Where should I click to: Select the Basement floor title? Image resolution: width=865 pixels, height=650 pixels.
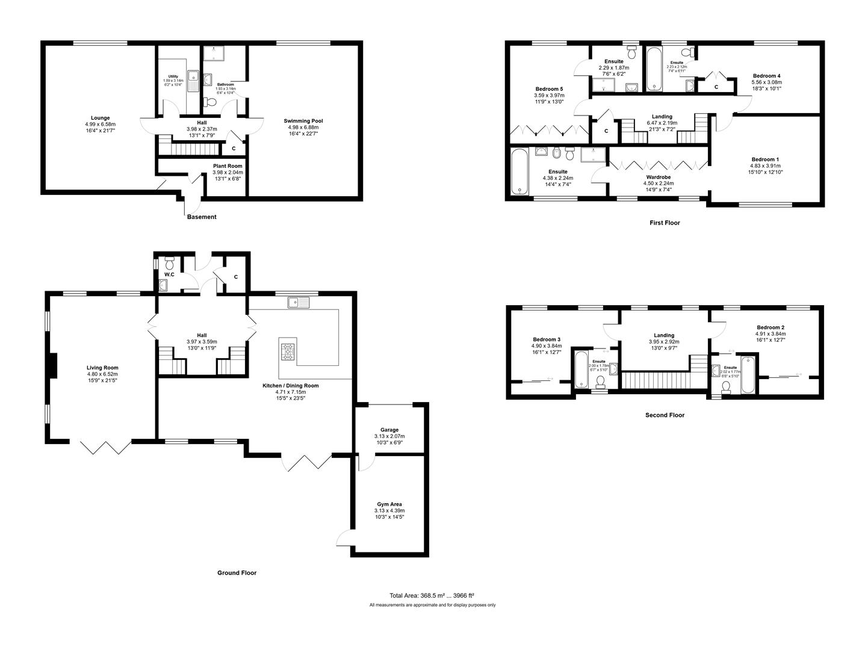coord(201,217)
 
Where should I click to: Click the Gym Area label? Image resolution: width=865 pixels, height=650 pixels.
coord(389,504)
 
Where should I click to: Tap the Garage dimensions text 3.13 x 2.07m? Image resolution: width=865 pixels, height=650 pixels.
coord(389,436)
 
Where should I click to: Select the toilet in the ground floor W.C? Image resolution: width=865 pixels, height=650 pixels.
coord(170,263)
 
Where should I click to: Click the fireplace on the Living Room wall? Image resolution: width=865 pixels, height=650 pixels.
coord(52,367)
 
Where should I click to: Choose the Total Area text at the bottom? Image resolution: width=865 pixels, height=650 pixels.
coord(432,595)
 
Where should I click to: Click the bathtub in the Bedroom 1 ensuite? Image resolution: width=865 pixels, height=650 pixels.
coord(519,172)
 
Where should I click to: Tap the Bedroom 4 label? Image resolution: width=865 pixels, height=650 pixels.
coord(766,76)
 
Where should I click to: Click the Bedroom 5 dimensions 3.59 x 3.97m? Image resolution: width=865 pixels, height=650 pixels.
coord(549,95)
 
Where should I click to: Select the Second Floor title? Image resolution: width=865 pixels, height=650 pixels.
coord(665,415)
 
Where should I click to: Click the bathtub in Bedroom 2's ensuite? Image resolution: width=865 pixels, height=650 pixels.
coord(748,375)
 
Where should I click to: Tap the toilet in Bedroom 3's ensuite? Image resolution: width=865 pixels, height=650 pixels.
coord(600,382)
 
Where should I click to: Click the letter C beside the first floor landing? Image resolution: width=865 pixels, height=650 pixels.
coord(606,131)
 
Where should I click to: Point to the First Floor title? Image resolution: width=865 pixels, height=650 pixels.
coord(665,223)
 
